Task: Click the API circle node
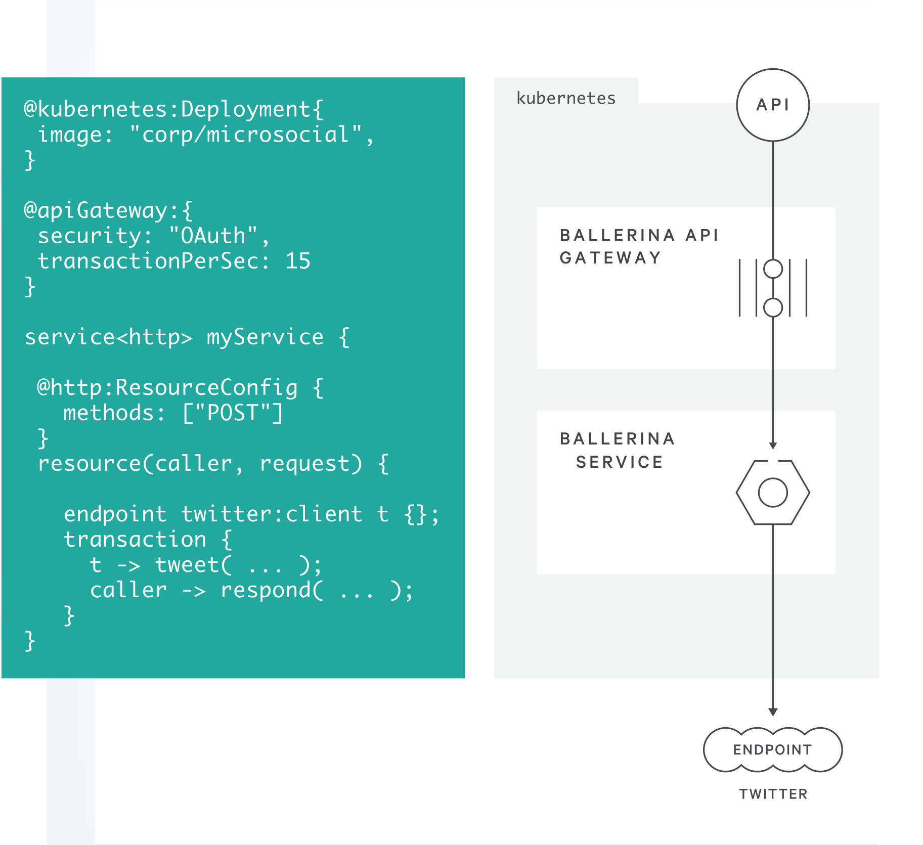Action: pos(772,105)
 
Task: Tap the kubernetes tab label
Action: pos(565,98)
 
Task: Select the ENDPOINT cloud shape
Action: pos(772,749)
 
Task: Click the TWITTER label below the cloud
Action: pos(773,794)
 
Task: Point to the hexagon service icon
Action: pos(773,492)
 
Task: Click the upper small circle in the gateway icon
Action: pos(773,269)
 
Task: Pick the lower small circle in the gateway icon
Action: pos(773,307)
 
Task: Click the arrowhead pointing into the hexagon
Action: pos(773,446)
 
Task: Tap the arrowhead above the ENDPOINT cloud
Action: pos(773,712)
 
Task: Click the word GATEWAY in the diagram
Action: pos(610,258)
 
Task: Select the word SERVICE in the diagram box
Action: pos(619,462)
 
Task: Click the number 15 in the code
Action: pos(298,261)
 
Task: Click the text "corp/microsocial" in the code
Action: pos(245,135)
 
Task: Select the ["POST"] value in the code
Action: pos(232,413)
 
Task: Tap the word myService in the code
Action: pos(265,337)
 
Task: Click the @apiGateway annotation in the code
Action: pos(102,210)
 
